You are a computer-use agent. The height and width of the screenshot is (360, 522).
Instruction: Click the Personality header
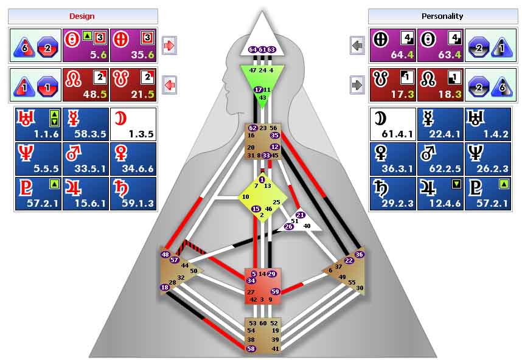(442, 16)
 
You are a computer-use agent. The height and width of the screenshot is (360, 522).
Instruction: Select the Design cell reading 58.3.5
(86, 124)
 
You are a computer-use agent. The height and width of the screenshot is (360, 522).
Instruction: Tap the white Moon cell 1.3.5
(133, 124)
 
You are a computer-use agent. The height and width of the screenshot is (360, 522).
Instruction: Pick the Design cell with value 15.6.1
(86, 193)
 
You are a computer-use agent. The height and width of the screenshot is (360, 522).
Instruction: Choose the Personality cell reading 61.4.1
(393, 124)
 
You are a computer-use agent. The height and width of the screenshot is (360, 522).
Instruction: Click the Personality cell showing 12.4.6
(440, 193)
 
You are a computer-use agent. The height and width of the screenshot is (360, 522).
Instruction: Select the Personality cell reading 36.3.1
(393, 159)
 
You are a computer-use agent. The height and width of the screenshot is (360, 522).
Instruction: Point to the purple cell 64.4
(393, 45)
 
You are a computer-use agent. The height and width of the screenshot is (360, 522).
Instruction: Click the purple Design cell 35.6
(133, 45)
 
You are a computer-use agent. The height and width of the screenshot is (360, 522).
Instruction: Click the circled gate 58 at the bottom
(251, 348)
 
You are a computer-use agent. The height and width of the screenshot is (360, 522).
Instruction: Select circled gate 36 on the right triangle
(359, 255)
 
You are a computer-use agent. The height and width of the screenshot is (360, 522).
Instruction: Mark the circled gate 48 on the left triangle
(165, 255)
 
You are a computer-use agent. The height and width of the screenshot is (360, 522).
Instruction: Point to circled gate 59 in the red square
(275, 292)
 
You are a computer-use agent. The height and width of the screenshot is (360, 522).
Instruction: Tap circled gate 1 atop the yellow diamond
(262, 179)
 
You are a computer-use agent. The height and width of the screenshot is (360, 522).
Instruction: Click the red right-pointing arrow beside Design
(169, 45)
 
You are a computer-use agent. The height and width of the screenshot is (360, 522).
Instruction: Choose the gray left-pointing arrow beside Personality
(357, 45)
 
